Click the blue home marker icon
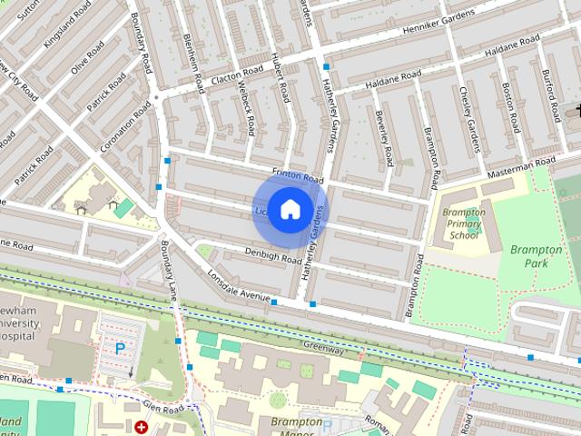pyautogui.click(x=290, y=210)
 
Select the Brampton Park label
pyautogui.click(x=536, y=256)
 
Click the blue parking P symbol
pyautogui.click(x=120, y=348)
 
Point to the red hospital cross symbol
pyautogui.click(x=141, y=426)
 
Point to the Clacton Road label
pyautogui.click(x=236, y=78)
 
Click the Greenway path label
pyautogui.click(x=324, y=348)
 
